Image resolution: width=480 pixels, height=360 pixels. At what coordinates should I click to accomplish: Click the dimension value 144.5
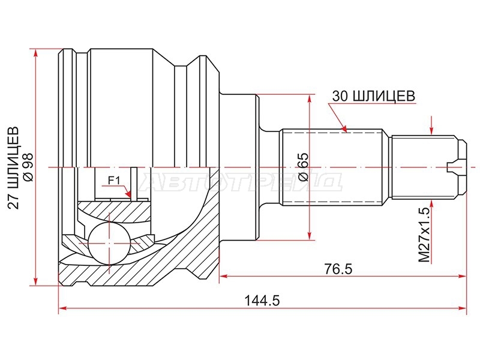[x=262, y=301]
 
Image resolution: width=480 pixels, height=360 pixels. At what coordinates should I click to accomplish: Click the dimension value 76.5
[x=338, y=269]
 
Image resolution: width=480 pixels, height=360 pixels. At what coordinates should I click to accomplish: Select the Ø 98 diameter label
[x=28, y=167]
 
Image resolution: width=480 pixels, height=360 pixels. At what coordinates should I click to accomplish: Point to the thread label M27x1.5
[x=424, y=235]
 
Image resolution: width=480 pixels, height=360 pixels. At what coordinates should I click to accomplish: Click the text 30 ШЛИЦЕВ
[x=374, y=96]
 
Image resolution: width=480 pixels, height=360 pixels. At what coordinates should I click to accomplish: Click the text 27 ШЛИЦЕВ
[x=13, y=167]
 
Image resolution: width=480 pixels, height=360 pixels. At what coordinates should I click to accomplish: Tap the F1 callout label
[x=114, y=181]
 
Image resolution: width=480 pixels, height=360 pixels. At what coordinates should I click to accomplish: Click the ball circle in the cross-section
[x=109, y=243]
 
